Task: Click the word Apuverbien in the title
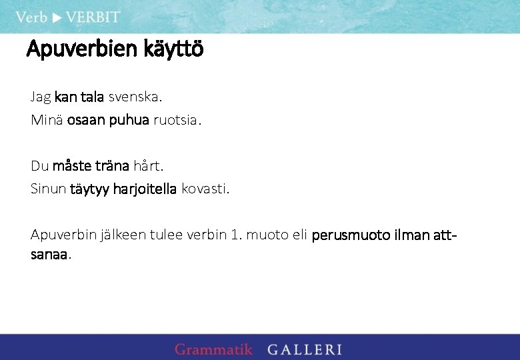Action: point(82,49)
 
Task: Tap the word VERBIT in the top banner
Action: point(93,17)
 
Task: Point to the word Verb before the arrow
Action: point(31,17)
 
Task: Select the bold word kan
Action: point(66,97)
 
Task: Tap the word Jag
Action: point(41,97)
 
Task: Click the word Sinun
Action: point(48,189)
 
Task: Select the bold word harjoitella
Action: point(145,189)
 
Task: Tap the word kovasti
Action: point(205,189)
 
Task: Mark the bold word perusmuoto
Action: point(353,235)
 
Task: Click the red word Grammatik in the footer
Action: point(213,349)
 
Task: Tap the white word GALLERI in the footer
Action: point(305,349)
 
